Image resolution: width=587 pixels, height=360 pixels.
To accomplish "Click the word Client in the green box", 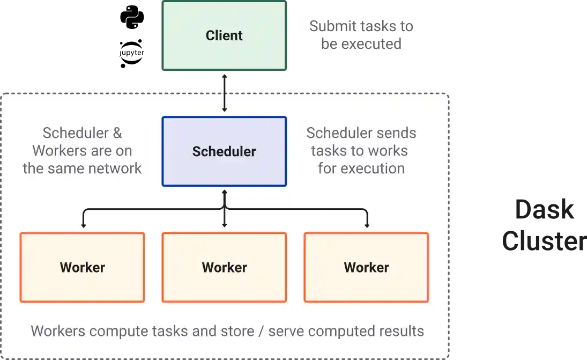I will click(224, 36).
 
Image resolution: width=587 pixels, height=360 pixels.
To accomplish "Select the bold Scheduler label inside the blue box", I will click(224, 152).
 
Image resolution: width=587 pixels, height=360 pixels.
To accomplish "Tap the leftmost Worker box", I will click(82, 267).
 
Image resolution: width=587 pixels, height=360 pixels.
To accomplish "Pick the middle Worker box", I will click(224, 267).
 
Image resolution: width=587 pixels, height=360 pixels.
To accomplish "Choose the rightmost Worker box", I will click(366, 267).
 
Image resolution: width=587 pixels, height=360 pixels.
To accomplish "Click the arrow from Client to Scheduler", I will click(224, 97).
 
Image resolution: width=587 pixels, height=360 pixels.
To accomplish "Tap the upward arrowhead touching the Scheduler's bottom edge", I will click(224, 191).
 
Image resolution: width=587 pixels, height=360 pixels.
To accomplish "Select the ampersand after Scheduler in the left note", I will click(117, 133).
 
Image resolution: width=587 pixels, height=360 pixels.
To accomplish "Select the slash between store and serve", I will click(261, 331).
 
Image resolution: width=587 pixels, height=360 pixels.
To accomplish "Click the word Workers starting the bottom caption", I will click(53, 331).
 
